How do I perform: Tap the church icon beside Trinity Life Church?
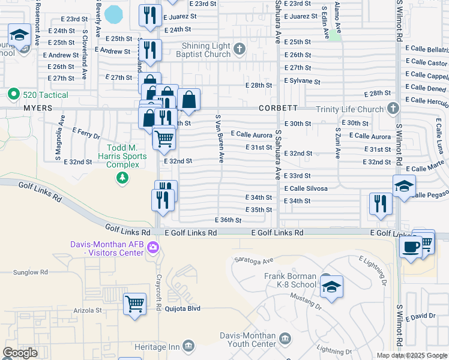(x=393, y=109)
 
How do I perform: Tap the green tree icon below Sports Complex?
(x=122, y=177)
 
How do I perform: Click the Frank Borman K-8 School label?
(x=290, y=280)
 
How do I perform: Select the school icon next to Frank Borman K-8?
(x=331, y=287)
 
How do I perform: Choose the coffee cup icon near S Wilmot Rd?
(x=411, y=247)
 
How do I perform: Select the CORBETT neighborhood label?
(x=278, y=108)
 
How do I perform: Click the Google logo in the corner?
(x=20, y=353)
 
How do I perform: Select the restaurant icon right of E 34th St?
(x=380, y=203)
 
